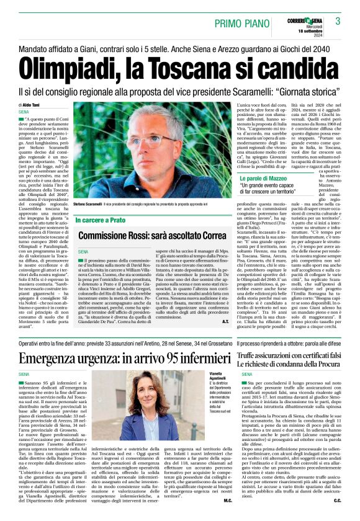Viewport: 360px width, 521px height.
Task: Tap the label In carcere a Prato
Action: click(103, 220)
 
